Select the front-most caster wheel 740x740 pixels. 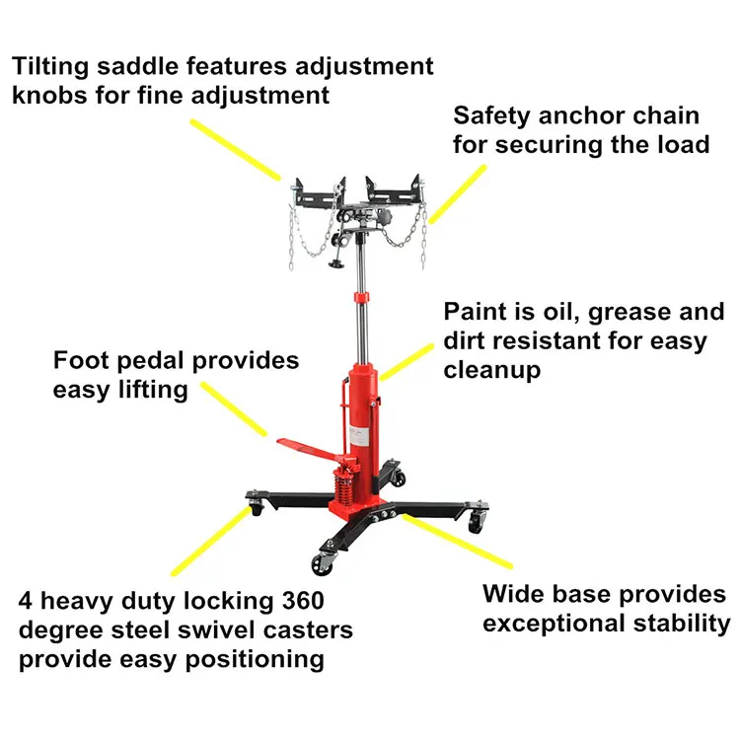point(324,565)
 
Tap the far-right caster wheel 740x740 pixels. point(477,523)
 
